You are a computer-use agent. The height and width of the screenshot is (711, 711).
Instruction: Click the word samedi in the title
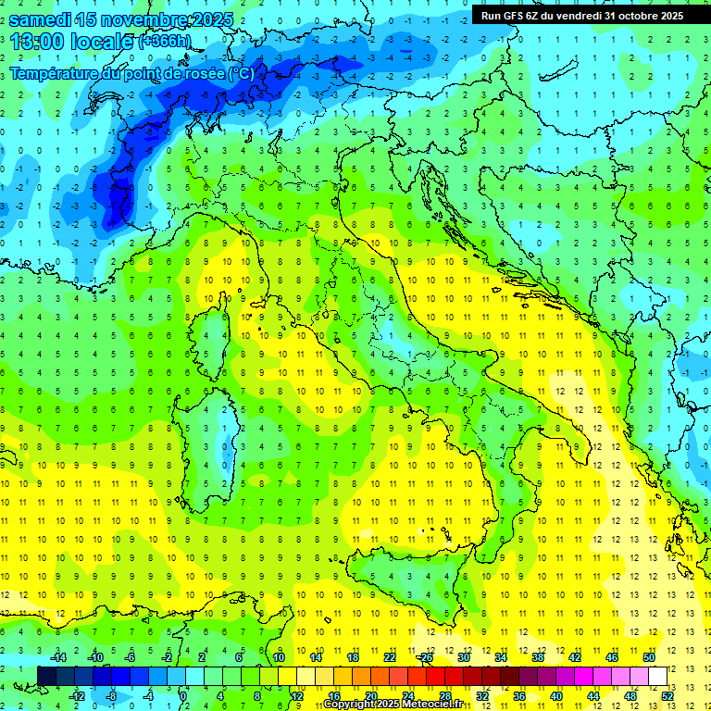[42, 19]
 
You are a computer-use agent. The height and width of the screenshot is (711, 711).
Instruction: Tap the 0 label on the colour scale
[184, 695]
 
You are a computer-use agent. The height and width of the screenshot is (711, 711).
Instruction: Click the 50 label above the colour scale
[649, 657]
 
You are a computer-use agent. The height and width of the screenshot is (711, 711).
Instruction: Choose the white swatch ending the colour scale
[658, 676]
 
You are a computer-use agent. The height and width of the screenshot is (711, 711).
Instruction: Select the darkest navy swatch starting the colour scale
[47, 676]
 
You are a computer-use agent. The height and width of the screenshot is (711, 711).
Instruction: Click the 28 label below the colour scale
[445, 695]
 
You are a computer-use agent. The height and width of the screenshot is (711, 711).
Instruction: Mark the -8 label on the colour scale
[111, 695]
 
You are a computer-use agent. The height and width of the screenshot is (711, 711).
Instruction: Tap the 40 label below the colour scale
[556, 695]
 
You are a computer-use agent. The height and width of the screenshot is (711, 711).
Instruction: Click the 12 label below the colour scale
[296, 695]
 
